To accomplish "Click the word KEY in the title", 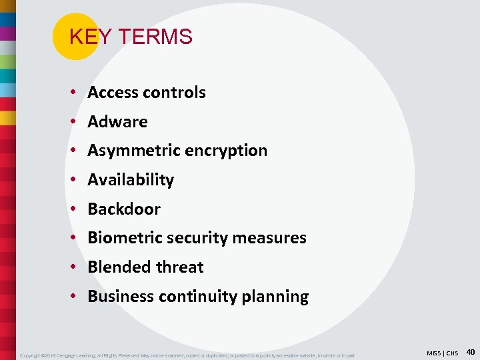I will pos(84,37).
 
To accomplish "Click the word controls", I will pos(175,93).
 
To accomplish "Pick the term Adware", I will pos(117,122).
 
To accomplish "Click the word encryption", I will pos(226,151).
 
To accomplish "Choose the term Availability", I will pos(131,180).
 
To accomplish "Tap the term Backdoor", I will pos(124,209).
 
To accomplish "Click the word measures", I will pos(274,238).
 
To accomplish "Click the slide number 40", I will pos(470,351).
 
